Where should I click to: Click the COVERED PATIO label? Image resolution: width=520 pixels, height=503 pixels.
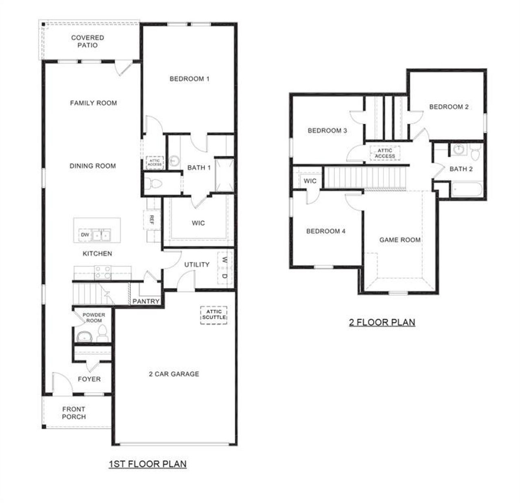tap(87, 41)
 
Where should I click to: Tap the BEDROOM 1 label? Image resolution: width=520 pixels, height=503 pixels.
tap(189, 79)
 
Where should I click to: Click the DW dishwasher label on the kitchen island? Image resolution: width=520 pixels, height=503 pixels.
tap(84, 235)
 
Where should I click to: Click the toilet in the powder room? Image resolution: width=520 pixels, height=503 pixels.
tap(102, 332)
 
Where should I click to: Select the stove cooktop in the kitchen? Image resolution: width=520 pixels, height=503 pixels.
tap(103, 272)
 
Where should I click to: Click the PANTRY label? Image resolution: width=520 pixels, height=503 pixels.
tap(146, 301)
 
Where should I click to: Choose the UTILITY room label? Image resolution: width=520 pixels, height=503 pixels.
tap(197, 264)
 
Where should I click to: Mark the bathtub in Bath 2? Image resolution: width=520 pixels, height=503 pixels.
tap(466, 189)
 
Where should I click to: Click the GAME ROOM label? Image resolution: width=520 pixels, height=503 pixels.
tap(400, 240)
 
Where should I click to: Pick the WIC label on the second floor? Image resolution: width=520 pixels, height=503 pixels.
tap(310, 181)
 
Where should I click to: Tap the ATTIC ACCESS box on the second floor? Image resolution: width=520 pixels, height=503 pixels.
tap(385, 153)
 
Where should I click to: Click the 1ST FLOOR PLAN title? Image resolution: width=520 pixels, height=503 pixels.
tap(147, 464)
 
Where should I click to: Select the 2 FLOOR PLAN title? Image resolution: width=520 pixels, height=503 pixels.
tap(382, 322)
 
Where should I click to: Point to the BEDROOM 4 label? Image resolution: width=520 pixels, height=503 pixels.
tap(326, 231)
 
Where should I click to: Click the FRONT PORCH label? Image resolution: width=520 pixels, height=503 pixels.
tap(74, 413)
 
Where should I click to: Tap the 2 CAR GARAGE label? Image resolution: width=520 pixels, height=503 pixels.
tap(174, 374)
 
